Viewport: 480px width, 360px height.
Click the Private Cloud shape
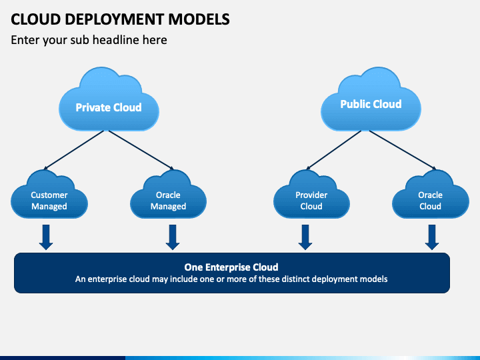(x=109, y=101)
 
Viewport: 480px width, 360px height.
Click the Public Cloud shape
(x=371, y=101)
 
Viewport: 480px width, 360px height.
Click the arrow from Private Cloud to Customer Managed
(x=74, y=150)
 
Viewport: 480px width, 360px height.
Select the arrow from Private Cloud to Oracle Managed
(x=141, y=150)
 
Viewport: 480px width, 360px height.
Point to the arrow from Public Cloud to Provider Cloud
(x=334, y=150)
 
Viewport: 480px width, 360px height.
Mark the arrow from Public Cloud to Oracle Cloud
(x=403, y=150)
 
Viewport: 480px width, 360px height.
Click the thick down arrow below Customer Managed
(x=46, y=237)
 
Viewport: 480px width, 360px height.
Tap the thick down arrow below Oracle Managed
(x=173, y=237)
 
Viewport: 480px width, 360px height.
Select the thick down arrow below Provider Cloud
(x=305, y=237)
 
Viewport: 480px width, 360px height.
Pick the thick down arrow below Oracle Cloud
(x=432, y=237)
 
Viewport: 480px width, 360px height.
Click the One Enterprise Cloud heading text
(x=231, y=267)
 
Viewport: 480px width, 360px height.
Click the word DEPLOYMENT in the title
(x=115, y=19)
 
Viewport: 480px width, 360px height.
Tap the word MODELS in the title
(x=199, y=19)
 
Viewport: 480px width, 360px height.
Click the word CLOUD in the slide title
(x=36, y=19)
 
